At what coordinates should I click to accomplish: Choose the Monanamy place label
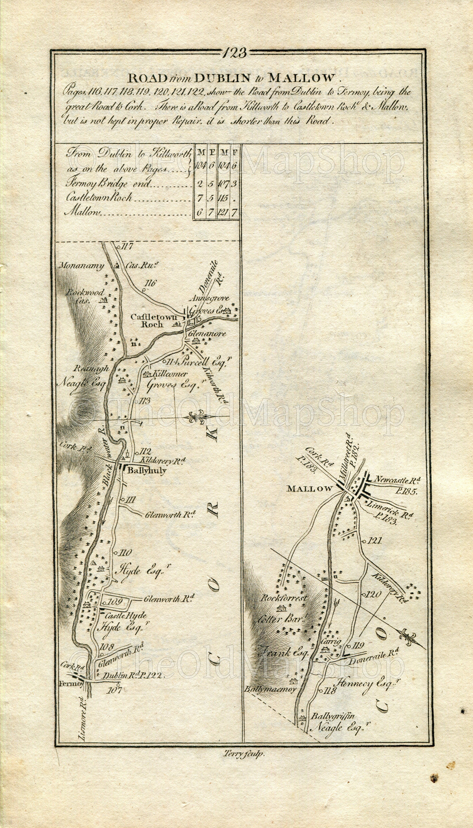pyautogui.click(x=81, y=266)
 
